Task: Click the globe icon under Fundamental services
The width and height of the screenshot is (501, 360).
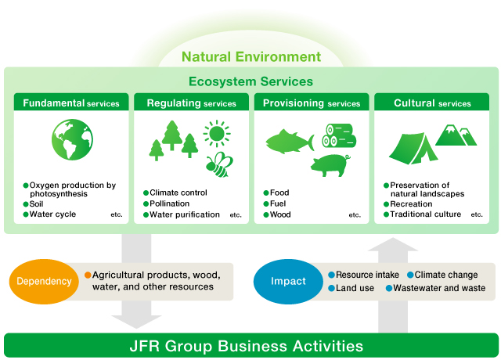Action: [x=72, y=139]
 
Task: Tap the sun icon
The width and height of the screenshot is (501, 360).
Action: [x=217, y=134]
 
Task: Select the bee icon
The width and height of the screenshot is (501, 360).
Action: [x=219, y=164]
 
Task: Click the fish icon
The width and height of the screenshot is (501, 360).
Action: [x=290, y=141]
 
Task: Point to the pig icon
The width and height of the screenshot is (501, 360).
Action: [x=330, y=165]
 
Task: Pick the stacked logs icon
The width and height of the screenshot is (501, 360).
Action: [x=339, y=135]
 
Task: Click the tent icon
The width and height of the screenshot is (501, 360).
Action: [x=413, y=149]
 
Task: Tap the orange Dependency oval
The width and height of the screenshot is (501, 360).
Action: [x=44, y=282]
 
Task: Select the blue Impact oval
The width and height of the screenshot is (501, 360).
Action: [x=288, y=282]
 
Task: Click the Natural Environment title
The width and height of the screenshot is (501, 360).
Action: [x=251, y=57]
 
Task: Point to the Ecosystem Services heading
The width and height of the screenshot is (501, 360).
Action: [x=250, y=81]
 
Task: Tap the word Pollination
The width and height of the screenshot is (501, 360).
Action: [x=169, y=203]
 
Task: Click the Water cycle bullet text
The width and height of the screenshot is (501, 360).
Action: [x=52, y=214]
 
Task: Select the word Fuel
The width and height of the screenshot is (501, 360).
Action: [x=278, y=203]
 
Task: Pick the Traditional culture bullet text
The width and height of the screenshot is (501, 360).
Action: [x=425, y=214]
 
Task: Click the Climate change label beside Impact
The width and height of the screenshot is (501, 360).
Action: [x=446, y=275]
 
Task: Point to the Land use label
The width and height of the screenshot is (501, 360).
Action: [x=355, y=288]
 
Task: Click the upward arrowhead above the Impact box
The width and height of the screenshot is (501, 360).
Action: [x=393, y=244]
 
